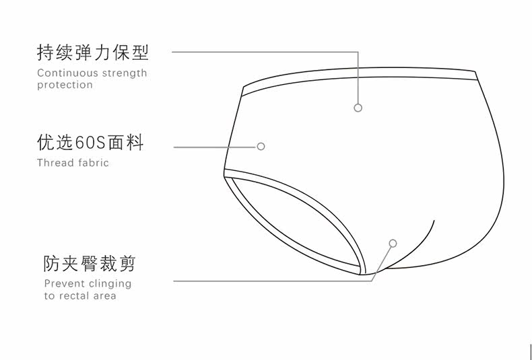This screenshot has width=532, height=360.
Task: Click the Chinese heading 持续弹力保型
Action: coord(92,52)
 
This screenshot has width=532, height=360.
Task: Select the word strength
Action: coord(125,73)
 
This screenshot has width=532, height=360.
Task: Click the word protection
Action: coord(65,85)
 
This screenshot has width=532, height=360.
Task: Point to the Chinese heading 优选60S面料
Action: coord(90,143)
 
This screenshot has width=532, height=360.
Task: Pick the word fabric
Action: coord(92,162)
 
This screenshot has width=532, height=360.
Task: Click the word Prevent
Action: coord(64,283)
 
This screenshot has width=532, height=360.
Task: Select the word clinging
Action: coord(110,284)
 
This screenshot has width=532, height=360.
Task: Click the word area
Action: coord(106,295)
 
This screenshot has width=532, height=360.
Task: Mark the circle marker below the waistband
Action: coord(358,108)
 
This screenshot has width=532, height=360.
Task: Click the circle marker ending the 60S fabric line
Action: coord(261,146)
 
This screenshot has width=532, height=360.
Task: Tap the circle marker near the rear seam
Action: coord(393,243)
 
